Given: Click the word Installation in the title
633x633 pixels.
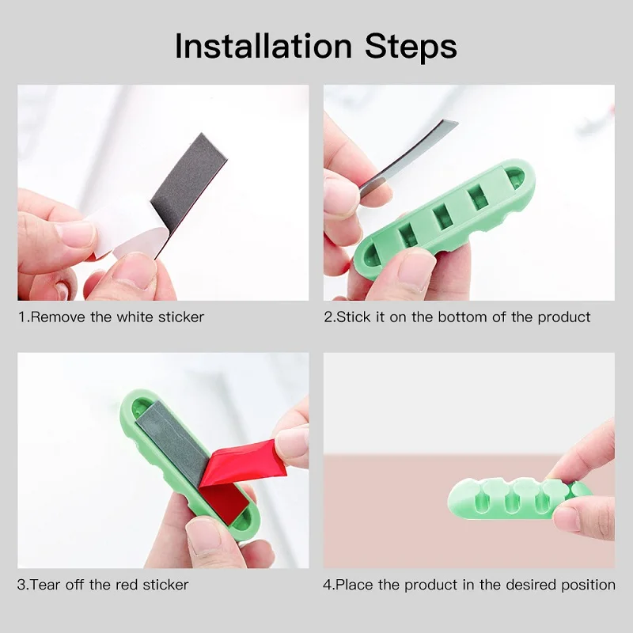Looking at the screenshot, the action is point(263,46).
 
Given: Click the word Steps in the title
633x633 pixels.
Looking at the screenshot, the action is point(411,47).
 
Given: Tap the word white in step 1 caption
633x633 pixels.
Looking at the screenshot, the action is point(135,317).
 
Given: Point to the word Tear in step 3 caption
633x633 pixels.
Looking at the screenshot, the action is point(45,585).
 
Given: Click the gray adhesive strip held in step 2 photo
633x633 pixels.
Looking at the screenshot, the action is point(404,160).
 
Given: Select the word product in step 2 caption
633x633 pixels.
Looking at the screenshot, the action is point(564,318).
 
